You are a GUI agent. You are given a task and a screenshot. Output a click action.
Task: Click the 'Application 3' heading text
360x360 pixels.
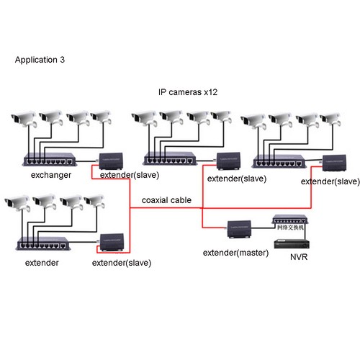click(40, 60)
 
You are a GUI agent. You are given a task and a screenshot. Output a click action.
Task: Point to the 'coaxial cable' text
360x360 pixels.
click(166, 200)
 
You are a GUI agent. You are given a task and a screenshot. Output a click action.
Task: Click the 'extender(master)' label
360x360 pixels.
click(235, 253)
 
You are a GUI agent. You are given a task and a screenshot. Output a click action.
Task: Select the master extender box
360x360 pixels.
click(238, 228)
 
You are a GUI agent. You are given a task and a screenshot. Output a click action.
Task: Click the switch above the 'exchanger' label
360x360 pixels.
click(50, 161)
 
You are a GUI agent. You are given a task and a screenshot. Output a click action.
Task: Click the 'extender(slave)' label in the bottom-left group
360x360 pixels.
click(122, 263)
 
